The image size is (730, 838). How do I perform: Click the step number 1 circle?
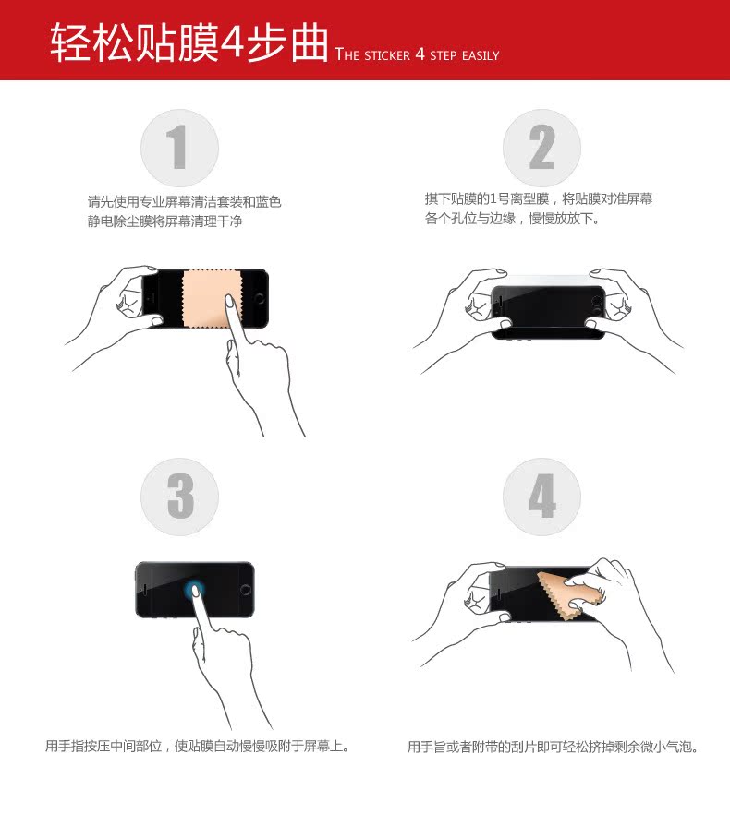[x=180, y=148]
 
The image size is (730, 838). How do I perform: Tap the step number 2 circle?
[x=541, y=148]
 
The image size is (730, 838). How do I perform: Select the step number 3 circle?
[x=180, y=497]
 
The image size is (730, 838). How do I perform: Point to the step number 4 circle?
[x=541, y=497]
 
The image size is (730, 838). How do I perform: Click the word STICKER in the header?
[x=387, y=55]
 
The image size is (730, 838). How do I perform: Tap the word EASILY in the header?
[x=481, y=55]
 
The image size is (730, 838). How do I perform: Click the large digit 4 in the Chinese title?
[x=233, y=42]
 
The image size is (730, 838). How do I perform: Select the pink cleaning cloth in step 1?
[x=210, y=299]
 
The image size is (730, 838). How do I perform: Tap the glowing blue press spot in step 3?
[x=194, y=591]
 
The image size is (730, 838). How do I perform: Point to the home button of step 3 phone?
[x=246, y=590]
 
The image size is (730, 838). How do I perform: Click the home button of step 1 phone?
[x=260, y=298]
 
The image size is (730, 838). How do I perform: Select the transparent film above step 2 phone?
[x=546, y=281]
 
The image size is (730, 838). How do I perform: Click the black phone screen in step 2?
[x=548, y=309]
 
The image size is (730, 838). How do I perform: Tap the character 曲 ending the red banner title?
[x=310, y=42]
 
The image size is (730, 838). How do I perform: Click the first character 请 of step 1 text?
[x=94, y=201]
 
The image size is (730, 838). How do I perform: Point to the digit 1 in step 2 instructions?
[x=493, y=199]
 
